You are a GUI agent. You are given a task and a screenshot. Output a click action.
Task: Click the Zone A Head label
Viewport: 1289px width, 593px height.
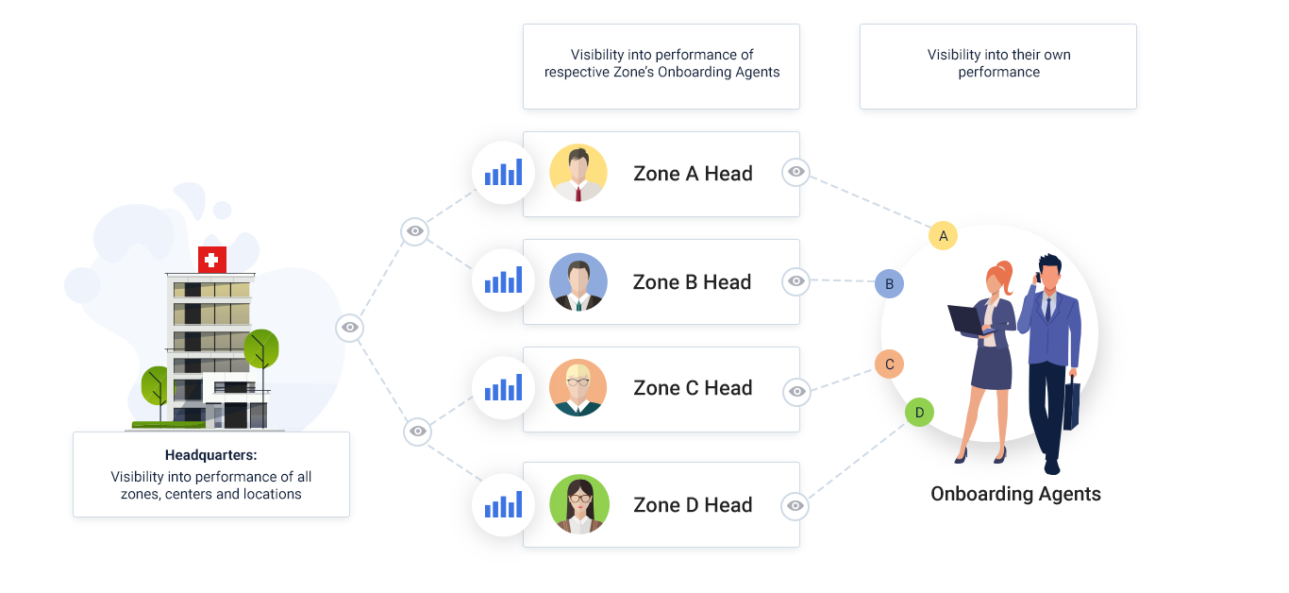[x=693, y=174]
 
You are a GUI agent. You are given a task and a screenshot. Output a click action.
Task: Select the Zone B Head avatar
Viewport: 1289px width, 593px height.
[x=578, y=282]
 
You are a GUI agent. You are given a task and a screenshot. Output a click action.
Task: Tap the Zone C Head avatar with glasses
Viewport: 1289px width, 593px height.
[x=578, y=388]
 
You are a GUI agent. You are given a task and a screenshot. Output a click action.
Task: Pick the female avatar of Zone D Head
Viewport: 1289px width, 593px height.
[x=578, y=504]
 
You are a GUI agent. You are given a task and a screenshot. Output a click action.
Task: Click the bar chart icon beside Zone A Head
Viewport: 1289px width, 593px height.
[x=503, y=173]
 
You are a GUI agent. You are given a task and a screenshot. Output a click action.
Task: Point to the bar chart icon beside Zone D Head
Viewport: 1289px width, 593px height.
[x=503, y=505]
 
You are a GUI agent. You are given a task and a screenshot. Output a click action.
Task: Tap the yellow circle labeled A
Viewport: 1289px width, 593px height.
[x=943, y=235]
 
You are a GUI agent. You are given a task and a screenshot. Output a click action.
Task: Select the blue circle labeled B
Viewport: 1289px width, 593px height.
[x=889, y=283]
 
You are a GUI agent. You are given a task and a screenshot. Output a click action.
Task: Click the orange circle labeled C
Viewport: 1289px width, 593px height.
[x=889, y=364]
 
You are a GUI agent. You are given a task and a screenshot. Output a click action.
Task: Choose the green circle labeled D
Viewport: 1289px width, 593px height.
[x=919, y=413]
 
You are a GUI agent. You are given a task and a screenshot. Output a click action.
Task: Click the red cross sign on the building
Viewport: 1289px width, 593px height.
[x=212, y=260]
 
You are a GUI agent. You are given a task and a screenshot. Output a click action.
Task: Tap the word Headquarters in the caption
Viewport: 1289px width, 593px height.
[x=210, y=455]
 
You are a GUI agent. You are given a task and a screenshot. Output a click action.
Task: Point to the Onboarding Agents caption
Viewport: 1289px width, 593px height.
[x=1015, y=494]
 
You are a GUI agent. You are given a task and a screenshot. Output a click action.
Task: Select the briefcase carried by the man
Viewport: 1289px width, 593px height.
[x=1070, y=405]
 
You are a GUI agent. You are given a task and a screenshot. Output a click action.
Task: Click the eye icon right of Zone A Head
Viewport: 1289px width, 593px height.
[x=796, y=172]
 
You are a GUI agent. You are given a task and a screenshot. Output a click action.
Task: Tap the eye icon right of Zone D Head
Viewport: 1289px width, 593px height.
[x=796, y=506]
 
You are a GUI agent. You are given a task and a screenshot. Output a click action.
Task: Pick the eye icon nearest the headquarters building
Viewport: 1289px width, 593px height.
[x=350, y=327]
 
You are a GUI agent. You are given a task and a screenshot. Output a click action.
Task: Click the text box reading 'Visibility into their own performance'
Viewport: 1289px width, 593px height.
[x=998, y=64]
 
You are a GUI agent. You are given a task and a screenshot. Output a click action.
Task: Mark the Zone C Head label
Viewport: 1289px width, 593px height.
[x=693, y=388]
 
